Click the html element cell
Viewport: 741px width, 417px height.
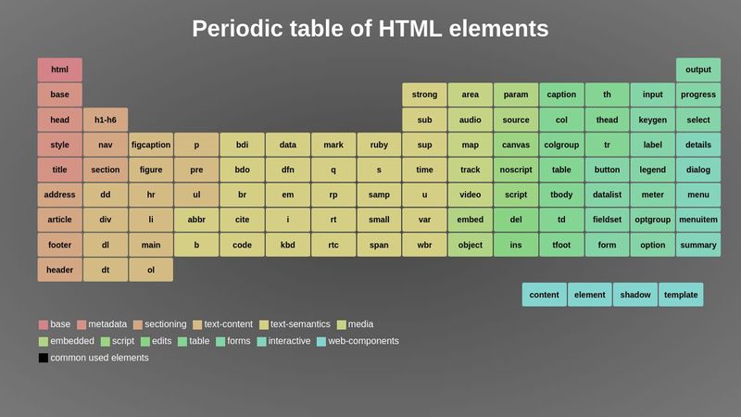tap(59, 69)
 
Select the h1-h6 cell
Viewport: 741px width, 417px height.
tap(106, 120)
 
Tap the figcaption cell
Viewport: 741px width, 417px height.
tap(151, 145)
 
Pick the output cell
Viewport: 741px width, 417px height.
tap(698, 69)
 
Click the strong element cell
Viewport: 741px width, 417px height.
tap(424, 95)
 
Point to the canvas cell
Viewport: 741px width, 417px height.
tap(516, 145)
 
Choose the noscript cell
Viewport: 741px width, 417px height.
tap(516, 170)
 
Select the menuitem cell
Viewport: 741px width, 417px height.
tap(698, 220)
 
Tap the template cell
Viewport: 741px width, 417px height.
tap(681, 295)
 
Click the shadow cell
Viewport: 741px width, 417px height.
tap(635, 295)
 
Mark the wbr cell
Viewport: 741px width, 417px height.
tap(424, 245)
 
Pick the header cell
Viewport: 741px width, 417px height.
tap(59, 270)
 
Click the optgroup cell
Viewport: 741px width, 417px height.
tap(653, 220)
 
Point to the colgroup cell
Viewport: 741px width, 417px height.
tap(561, 145)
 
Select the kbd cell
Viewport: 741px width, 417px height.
tap(288, 245)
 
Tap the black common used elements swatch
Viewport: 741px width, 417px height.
tap(43, 358)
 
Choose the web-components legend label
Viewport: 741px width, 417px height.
tap(363, 341)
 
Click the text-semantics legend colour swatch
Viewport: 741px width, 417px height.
tap(264, 325)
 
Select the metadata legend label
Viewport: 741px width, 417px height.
tap(107, 324)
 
